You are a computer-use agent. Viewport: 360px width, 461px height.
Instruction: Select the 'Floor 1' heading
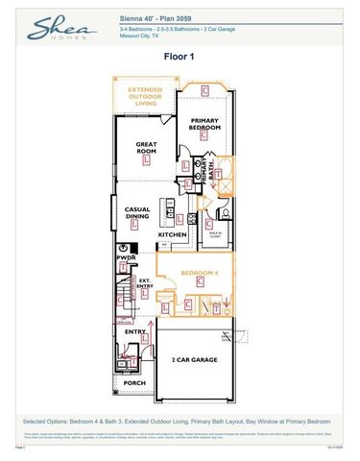[180, 57]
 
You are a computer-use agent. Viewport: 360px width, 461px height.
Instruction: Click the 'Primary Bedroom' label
[204, 123]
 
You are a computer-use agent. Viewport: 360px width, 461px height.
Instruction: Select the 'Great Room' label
[147, 150]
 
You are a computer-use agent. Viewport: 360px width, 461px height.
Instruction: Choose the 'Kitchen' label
[173, 234]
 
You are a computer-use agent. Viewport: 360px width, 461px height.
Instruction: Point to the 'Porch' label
[134, 382]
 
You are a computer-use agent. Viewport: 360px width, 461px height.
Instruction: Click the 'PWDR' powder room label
[126, 257]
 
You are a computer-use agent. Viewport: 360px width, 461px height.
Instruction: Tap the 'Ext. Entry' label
[145, 284]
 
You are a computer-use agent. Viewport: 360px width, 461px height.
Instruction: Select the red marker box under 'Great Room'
[146, 162]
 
